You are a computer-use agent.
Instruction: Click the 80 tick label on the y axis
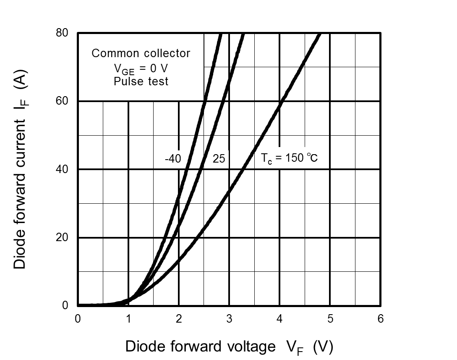[x=62, y=33]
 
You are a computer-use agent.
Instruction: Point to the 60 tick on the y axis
[x=62, y=101]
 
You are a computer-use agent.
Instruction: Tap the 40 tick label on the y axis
[x=62, y=169]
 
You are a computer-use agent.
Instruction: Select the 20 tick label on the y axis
[x=62, y=237]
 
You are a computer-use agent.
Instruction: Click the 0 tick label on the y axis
[x=65, y=305]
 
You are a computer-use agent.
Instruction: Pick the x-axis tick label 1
[x=128, y=319]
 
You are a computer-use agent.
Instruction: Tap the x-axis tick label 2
[x=179, y=319]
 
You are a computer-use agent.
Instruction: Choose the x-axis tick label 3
[x=229, y=319]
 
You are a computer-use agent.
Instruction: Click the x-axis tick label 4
[x=279, y=319]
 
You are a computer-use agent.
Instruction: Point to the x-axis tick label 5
[x=330, y=319]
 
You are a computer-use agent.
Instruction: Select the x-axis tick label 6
[x=381, y=319]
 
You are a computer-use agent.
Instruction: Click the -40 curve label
[x=173, y=159]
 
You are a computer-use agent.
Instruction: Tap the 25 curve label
[x=219, y=159]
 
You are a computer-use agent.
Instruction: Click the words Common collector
[x=141, y=53]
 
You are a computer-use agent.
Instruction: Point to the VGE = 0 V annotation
[x=141, y=68]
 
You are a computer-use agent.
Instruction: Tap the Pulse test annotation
[x=141, y=81]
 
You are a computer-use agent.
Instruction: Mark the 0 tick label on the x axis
[x=78, y=319]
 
